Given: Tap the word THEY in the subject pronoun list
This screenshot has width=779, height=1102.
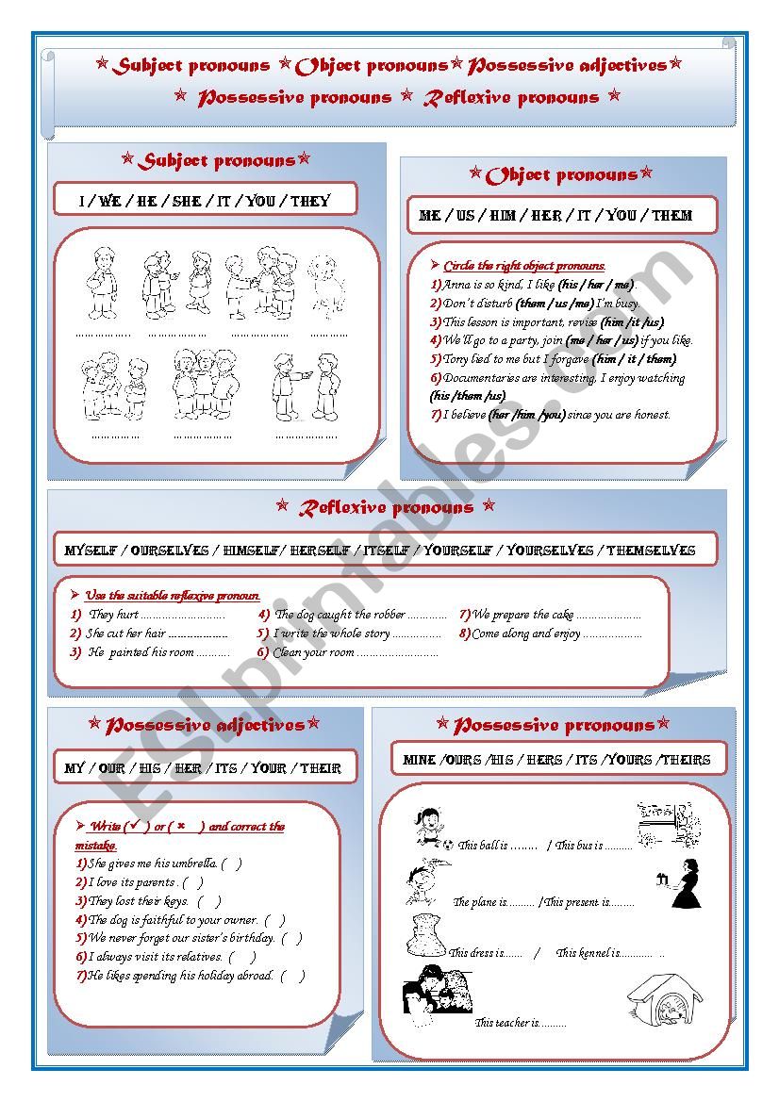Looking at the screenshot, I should tap(310, 201).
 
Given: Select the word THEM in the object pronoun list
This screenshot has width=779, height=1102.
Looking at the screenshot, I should tap(671, 216).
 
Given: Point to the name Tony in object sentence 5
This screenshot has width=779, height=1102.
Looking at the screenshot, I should tap(456, 359).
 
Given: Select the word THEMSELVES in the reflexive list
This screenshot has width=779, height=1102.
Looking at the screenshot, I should tap(651, 551).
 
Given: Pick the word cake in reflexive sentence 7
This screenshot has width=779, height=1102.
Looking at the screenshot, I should tap(562, 615).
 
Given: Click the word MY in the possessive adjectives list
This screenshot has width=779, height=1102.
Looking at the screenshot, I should tap(75, 768).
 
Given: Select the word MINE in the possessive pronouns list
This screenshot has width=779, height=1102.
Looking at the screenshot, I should tap(419, 760).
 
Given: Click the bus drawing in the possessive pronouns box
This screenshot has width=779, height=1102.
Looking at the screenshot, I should tap(668, 823).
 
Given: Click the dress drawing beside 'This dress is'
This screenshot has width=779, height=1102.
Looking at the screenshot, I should tap(425, 935).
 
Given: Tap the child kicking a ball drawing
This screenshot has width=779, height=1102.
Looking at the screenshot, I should tap(430, 827).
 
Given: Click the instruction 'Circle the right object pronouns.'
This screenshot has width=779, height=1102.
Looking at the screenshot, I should tap(524, 266).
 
